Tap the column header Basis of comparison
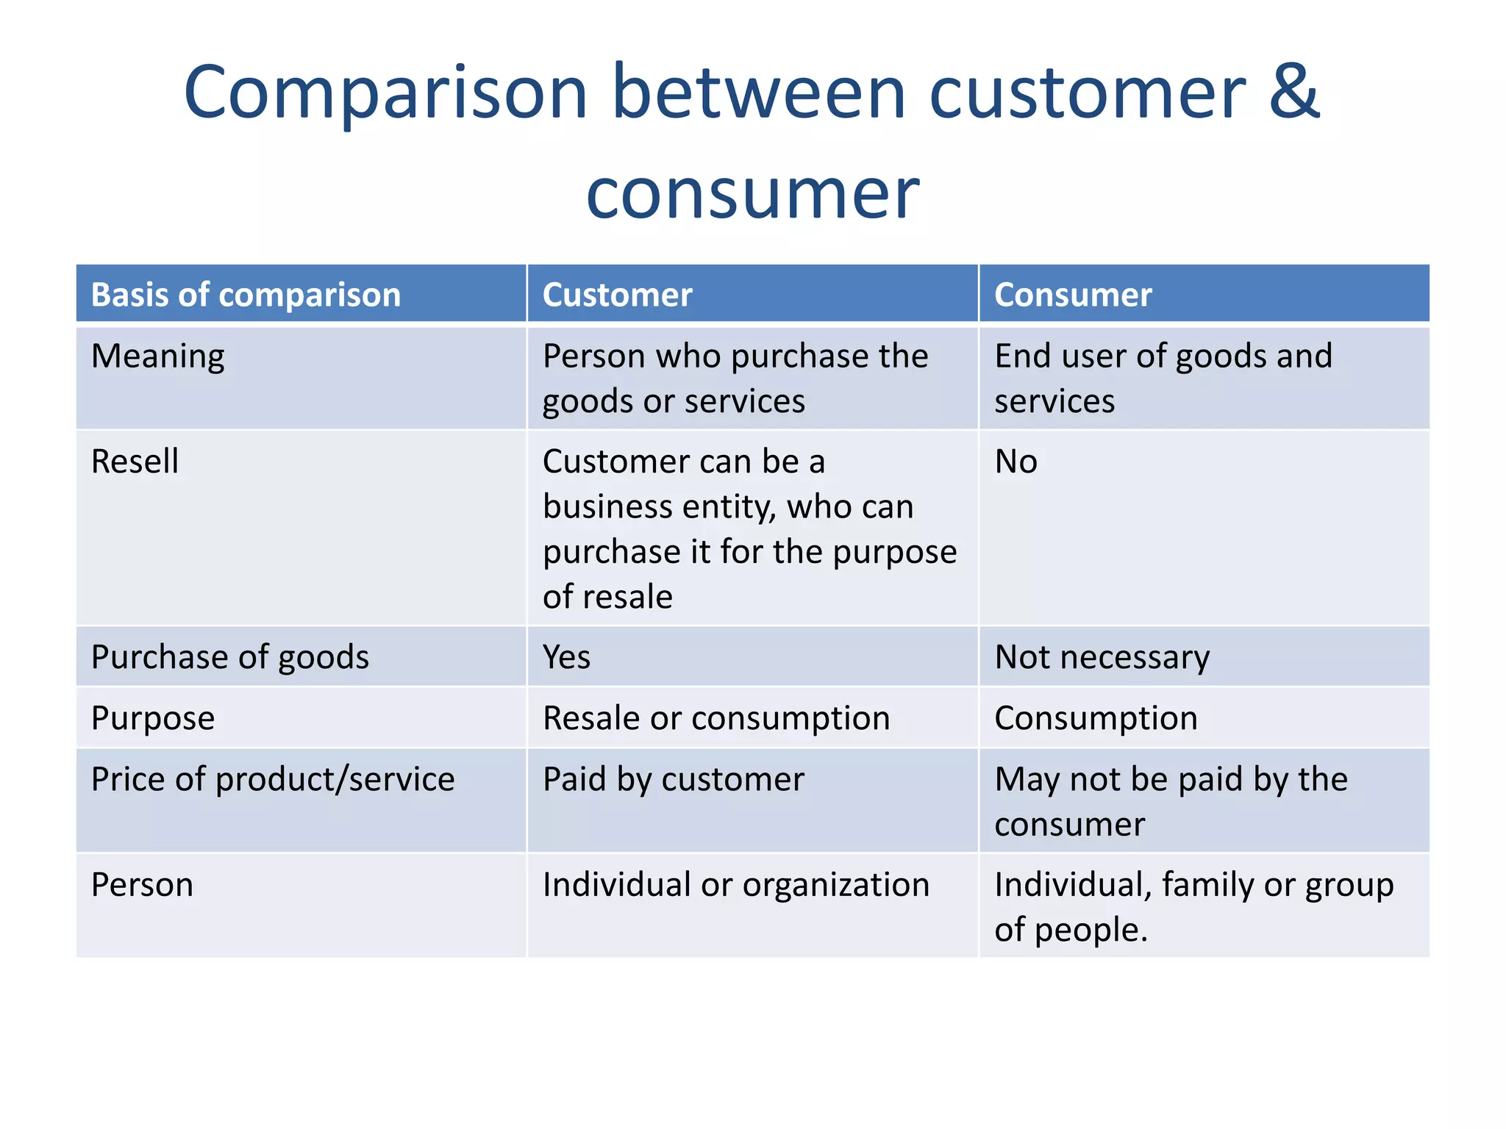click(x=246, y=295)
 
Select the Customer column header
click(x=617, y=295)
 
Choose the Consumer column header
click(x=1072, y=295)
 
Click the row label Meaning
click(x=157, y=356)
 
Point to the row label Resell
click(x=135, y=462)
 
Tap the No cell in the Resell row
click(x=1016, y=462)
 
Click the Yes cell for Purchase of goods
click(x=566, y=657)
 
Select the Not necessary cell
click(x=1102, y=657)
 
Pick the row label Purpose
click(x=153, y=718)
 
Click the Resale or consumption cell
click(x=715, y=718)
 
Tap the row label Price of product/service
click(x=273, y=779)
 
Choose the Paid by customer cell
click(x=673, y=779)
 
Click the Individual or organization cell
click(x=735, y=885)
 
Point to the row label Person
click(x=142, y=885)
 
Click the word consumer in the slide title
click(x=752, y=195)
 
